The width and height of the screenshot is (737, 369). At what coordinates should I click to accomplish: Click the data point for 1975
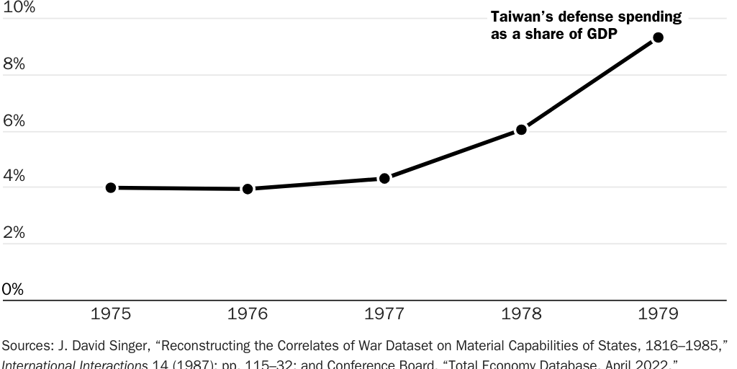[x=111, y=187]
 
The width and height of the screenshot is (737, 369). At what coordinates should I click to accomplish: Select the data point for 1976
[x=248, y=189]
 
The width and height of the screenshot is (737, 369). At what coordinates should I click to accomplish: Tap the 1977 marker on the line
[x=384, y=178]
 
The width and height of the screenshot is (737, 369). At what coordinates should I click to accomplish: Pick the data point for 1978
[x=521, y=130]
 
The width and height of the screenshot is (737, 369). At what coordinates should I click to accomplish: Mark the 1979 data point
[x=658, y=37]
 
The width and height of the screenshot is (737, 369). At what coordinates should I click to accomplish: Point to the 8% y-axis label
[x=14, y=64]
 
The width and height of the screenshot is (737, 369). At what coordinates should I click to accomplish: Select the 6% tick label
[x=14, y=121]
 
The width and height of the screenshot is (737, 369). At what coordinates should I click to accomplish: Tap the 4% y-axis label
[x=14, y=177]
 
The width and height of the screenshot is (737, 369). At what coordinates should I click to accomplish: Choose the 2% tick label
[x=14, y=233]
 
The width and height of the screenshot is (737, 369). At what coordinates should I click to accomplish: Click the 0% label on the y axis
[x=14, y=289]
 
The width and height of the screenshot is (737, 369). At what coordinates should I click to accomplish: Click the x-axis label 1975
[x=111, y=314]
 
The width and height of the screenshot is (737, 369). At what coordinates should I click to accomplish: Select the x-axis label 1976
[x=248, y=314]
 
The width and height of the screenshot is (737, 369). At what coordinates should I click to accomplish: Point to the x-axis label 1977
[x=384, y=314]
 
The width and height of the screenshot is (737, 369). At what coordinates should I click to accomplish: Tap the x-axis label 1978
[x=521, y=314]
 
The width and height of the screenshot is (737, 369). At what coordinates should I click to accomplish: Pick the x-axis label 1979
[x=658, y=314]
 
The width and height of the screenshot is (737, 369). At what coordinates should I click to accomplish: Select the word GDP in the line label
[x=603, y=35]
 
